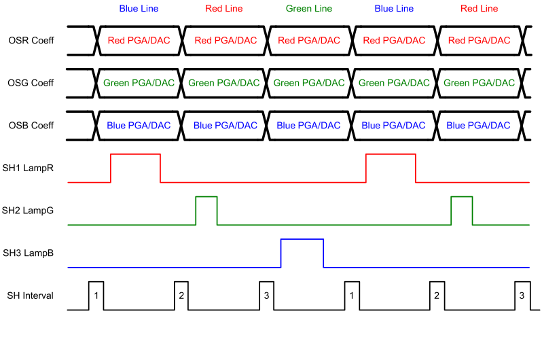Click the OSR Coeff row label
[31, 41]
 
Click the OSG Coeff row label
[31, 83]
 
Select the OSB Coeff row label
[31, 126]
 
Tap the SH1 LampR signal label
[29, 168]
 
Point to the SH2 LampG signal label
[29, 211]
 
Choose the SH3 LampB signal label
[29, 253]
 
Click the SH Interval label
[30, 295]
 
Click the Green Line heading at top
[309, 9]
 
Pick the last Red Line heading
[479, 9]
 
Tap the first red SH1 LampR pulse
[135, 167]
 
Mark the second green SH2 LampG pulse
[461, 209]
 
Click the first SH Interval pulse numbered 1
[96, 295]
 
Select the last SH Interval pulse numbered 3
[521, 295]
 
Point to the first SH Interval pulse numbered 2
[181, 295]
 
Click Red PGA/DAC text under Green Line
[309, 41]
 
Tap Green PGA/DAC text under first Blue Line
[139, 83]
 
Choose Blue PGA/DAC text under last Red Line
[479, 126]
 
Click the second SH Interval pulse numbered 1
[351, 295]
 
